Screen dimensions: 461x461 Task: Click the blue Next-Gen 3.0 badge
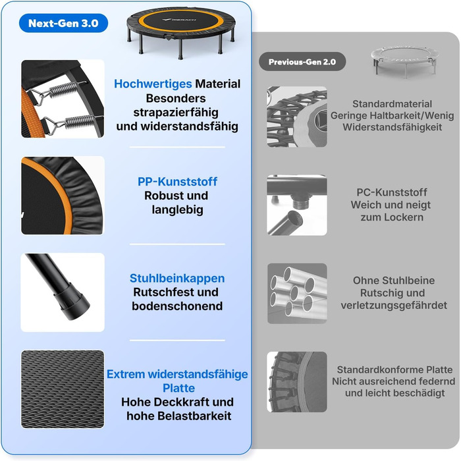coord(63,23)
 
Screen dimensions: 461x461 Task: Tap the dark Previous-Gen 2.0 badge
coord(302,62)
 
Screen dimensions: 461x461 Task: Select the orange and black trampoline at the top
coord(181,32)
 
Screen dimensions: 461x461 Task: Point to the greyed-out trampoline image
coord(404,61)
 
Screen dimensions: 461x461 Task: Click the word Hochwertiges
coord(153,84)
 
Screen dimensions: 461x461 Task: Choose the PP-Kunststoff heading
coord(177,181)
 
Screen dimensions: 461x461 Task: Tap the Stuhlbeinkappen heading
coord(177,278)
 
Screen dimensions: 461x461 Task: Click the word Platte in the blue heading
coord(178,388)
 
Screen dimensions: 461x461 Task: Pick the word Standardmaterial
coord(392,104)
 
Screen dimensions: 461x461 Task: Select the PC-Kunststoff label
coord(392,192)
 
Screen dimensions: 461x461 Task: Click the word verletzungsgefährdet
coord(394,305)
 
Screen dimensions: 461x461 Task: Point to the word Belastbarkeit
coord(194,416)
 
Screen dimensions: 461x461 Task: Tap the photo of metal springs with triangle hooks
coord(63,99)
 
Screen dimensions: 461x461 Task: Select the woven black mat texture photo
coord(63,389)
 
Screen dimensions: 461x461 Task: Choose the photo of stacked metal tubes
coord(297,294)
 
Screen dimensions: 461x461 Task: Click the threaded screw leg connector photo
coord(297,205)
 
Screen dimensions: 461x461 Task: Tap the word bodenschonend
coord(177,306)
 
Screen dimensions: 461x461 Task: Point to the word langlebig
coord(177,209)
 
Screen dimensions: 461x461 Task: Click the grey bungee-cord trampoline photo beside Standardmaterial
coord(297,117)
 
